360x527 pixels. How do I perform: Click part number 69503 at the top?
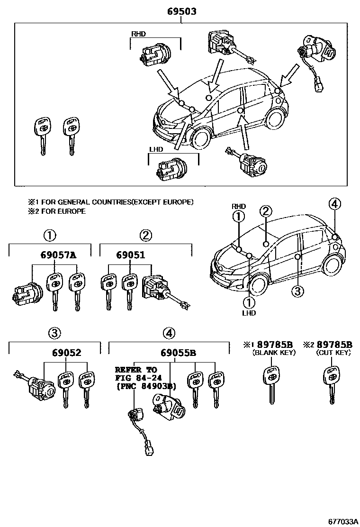point(181,11)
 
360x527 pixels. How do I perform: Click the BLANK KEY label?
point(275,353)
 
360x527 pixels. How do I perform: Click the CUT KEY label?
point(333,353)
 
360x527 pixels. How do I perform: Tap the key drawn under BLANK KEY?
point(270,384)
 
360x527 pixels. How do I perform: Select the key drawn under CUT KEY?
point(331,384)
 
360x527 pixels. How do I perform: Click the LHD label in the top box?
point(156,149)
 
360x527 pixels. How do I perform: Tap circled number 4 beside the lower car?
point(334,204)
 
